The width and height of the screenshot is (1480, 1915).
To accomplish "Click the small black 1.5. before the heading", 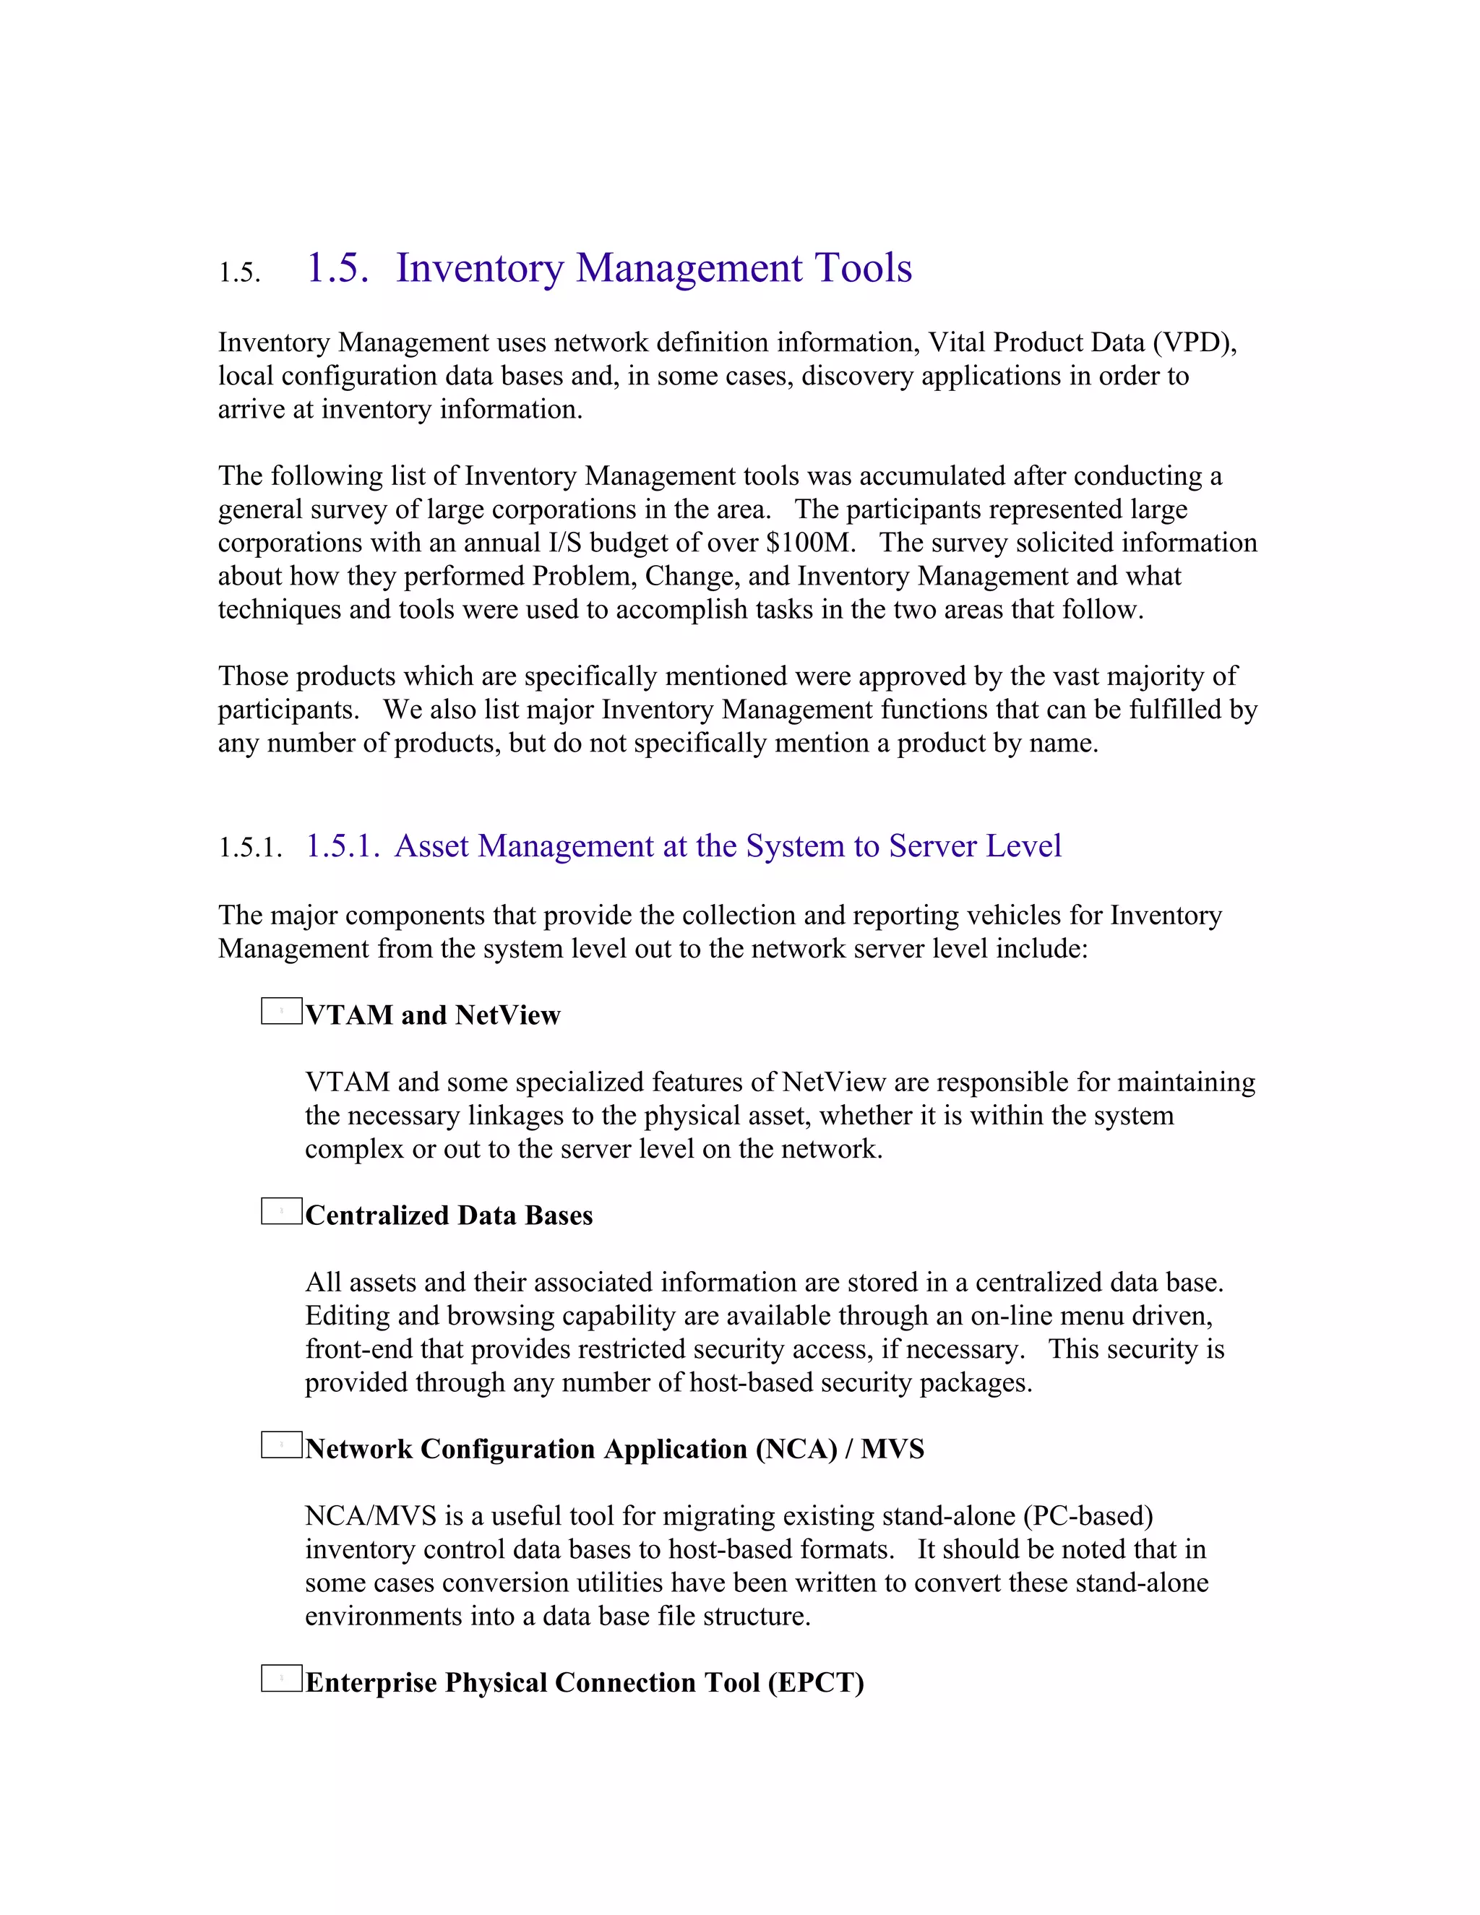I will tap(239, 272).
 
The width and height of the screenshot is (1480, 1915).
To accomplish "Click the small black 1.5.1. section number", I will tap(250, 848).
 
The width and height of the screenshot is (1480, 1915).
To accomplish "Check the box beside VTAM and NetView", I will tap(281, 1011).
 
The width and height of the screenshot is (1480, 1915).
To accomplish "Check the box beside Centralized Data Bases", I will tap(281, 1211).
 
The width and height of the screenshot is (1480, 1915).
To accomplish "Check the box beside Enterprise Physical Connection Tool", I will tap(281, 1678).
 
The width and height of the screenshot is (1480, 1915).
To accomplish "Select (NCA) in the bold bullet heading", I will tap(796, 1450).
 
